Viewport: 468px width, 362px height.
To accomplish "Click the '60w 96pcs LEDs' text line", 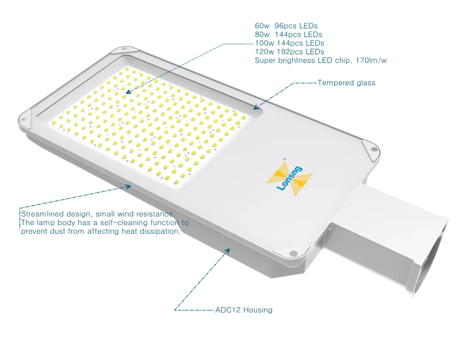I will (286, 26).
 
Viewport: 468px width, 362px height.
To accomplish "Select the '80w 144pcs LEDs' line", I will (288, 35).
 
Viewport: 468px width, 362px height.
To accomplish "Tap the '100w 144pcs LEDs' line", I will (290, 43).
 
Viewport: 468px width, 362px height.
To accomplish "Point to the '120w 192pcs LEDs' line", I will (290, 52).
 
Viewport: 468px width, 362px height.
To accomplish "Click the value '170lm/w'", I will (371, 61).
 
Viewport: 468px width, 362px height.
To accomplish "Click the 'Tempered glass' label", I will (346, 83).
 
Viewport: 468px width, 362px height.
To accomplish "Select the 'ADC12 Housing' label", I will (244, 310).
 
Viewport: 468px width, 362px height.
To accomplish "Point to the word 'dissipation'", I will (158, 231).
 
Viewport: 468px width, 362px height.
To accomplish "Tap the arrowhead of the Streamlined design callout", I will (129, 186).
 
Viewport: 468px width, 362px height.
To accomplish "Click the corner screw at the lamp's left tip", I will (24, 119).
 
